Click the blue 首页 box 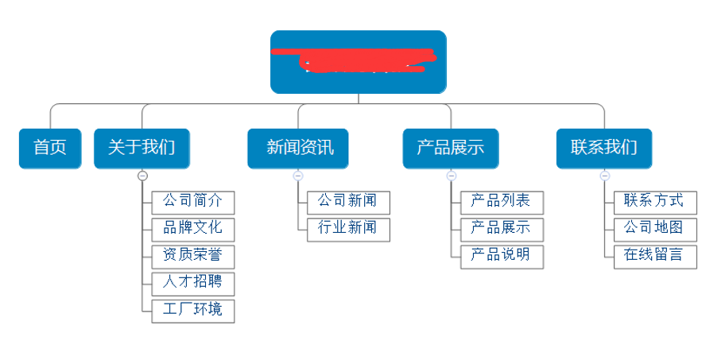(50, 148)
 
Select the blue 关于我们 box (142, 148)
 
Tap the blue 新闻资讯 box (299, 148)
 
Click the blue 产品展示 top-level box (450, 148)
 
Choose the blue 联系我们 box (604, 148)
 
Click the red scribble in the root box (358, 60)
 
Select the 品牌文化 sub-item (193, 229)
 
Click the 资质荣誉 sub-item (193, 256)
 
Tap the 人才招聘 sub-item (193, 283)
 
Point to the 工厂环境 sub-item (193, 310)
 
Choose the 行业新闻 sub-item (348, 229)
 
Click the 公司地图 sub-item (655, 229)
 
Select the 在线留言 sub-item (655, 256)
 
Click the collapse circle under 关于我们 (142, 176)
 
